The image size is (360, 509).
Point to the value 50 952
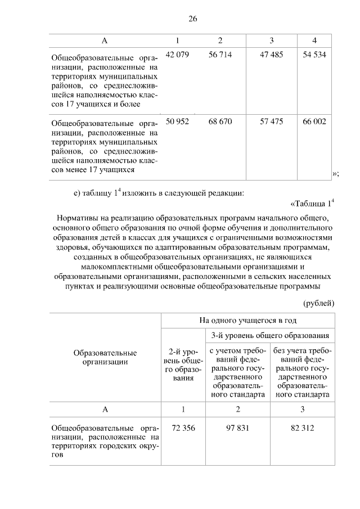click(x=178, y=121)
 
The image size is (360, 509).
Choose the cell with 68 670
click(x=220, y=121)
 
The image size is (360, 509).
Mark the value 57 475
click(x=271, y=121)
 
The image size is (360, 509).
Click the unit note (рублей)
click(x=319, y=303)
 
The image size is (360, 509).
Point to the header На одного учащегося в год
click(x=247, y=320)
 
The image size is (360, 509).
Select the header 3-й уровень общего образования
click(x=270, y=336)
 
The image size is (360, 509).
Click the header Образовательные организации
click(x=105, y=358)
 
